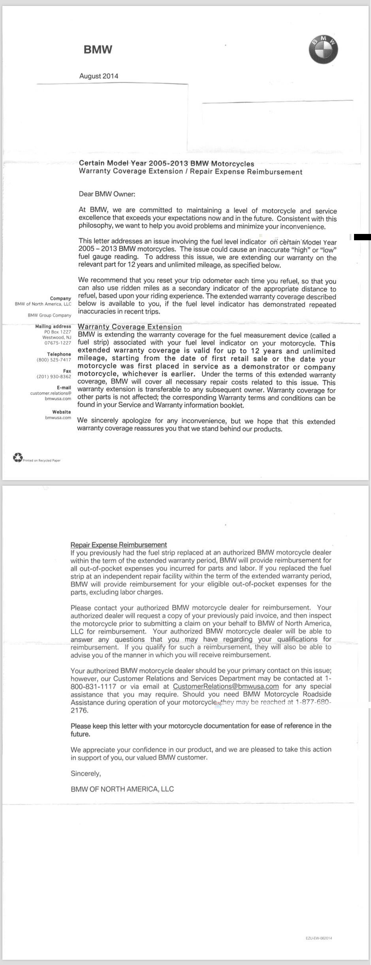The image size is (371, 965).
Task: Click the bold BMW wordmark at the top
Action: (98, 49)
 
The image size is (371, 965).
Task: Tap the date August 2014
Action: (99, 76)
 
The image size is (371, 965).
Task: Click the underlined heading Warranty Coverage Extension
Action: (130, 327)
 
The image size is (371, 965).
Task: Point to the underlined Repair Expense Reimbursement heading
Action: (119, 545)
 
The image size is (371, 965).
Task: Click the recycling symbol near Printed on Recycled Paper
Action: (18, 458)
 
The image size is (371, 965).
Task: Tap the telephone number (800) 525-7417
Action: (54, 360)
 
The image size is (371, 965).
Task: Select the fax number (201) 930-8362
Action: (54, 377)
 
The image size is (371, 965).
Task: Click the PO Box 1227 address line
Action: (58, 332)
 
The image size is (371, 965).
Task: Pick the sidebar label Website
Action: (62, 412)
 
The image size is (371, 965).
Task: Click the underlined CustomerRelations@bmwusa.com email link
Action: (226, 686)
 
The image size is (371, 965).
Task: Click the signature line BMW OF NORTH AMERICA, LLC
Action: (122, 789)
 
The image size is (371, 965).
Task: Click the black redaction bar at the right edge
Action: (362, 237)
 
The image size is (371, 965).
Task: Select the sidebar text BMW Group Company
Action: (49, 315)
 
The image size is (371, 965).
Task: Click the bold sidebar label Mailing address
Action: (53, 326)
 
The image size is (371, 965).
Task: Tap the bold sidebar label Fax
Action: (67, 371)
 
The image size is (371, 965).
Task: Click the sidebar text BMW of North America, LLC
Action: (43, 304)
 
